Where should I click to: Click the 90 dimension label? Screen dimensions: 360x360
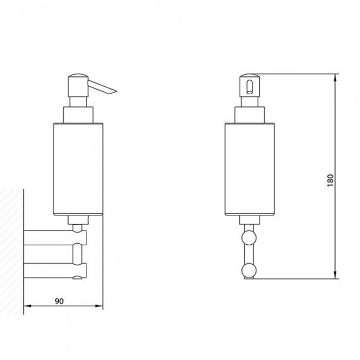click(x=59, y=301)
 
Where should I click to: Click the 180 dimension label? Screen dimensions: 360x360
click(x=330, y=180)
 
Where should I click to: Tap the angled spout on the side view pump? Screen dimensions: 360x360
click(x=102, y=87)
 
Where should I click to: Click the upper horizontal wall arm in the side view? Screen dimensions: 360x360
click(x=55, y=238)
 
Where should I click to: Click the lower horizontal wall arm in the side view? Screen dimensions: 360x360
click(x=55, y=270)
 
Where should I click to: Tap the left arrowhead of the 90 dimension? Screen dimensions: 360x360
click(x=27, y=306)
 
